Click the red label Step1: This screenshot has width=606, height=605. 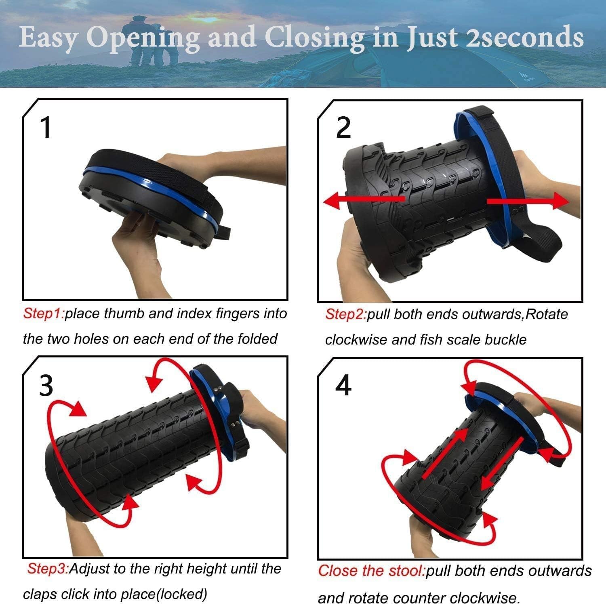pos(43,313)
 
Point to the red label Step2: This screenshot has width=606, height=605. pos(346,314)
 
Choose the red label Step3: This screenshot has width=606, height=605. pos(48,569)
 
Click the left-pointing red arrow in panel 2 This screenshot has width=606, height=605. pos(364,200)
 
